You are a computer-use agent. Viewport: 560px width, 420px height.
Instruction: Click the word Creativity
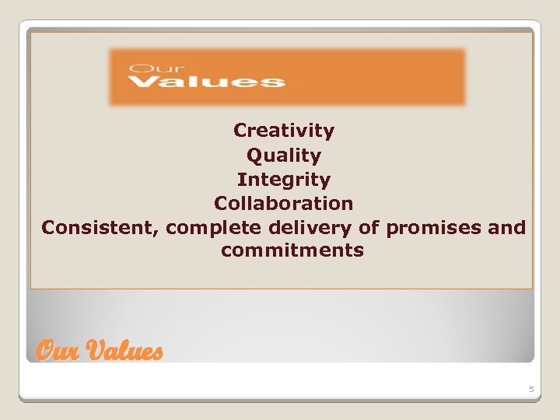coord(284,131)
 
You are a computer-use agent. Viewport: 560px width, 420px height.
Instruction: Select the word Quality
coord(284,156)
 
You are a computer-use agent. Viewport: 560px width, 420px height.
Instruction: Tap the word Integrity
coord(284,180)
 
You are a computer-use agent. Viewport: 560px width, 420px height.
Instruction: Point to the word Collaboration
coord(284,204)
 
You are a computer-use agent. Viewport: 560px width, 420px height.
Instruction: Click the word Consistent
coord(99,228)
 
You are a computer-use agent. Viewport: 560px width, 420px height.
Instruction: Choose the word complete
coord(214,229)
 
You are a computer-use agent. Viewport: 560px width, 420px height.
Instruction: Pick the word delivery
coord(310,229)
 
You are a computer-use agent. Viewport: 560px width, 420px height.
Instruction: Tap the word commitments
coord(292,251)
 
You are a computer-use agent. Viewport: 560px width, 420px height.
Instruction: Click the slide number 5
coord(532,388)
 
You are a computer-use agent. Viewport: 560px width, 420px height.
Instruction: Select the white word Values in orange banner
coord(206,81)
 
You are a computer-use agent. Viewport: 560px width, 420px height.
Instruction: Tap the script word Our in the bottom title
coord(57,352)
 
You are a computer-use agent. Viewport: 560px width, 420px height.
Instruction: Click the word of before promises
coord(369,228)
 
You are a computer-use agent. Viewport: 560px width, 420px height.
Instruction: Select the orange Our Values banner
coord(287,76)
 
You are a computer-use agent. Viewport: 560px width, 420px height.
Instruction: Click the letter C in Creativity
coord(240,131)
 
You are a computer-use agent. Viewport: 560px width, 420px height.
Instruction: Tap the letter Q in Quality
coord(254,156)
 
